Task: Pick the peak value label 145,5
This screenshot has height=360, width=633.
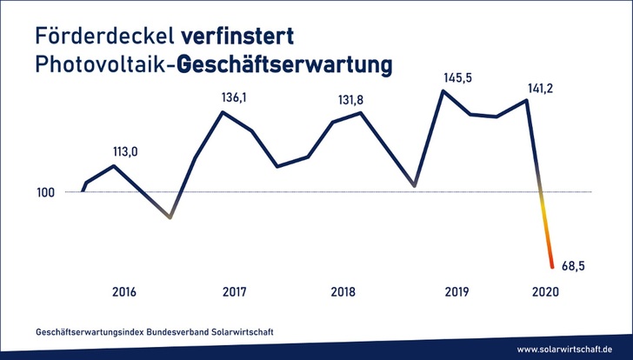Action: pos(457,77)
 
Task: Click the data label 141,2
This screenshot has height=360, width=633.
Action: pos(539,86)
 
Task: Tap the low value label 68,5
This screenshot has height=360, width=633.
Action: pos(575,266)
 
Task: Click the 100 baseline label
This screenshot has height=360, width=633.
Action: pos(47,192)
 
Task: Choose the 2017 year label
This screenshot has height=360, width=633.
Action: pos(235,291)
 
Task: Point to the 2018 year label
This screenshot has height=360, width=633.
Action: pos(343,291)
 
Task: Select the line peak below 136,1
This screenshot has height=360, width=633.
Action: pos(223,111)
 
